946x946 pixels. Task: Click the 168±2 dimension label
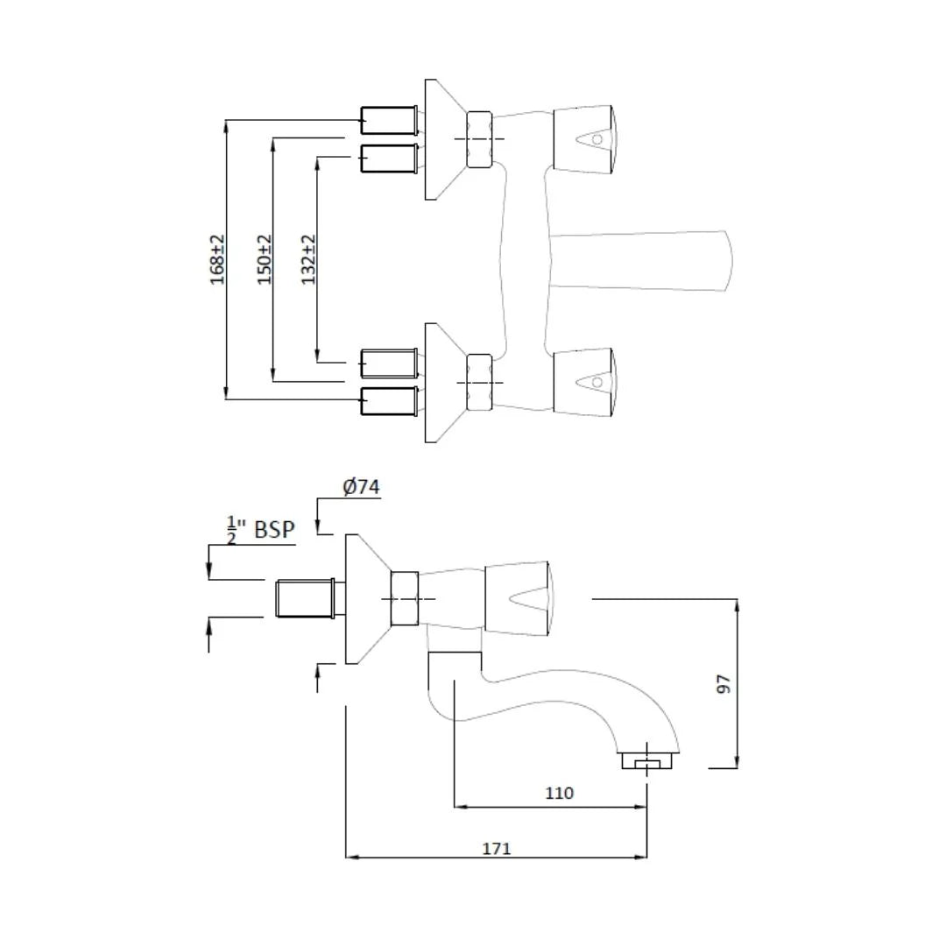pyautogui.click(x=217, y=259)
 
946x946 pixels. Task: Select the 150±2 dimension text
pyautogui.click(x=265, y=259)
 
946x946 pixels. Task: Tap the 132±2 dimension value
pyautogui.click(x=308, y=259)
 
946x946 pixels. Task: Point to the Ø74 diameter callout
pyautogui.click(x=362, y=486)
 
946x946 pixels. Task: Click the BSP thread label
pyautogui.click(x=274, y=529)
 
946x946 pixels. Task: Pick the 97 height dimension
pyautogui.click(x=724, y=684)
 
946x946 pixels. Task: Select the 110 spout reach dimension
pyautogui.click(x=559, y=793)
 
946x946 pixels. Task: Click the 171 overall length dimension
pyautogui.click(x=497, y=848)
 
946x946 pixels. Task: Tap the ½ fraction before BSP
pyautogui.click(x=231, y=530)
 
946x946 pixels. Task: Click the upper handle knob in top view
pyautogui.click(x=584, y=138)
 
